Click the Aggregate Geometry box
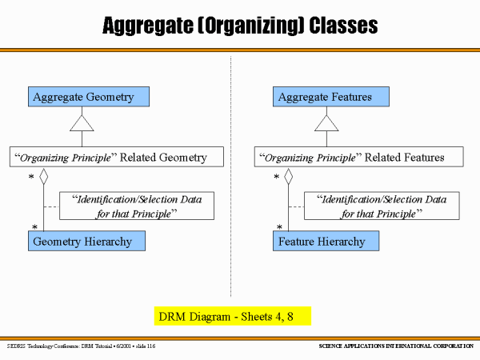pos(89,97)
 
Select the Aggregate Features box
pos(331,97)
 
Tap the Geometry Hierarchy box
pos(86,242)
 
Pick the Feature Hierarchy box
pos(326,242)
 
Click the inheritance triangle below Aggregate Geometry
pos(82,123)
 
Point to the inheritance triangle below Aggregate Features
pos(326,123)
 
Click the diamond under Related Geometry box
pos(44,177)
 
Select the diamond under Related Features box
pos(288,177)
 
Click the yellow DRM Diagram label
pos(233,316)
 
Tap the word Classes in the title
pos(343,26)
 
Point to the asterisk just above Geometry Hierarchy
pos(34,227)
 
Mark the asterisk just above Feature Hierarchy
pos(279,227)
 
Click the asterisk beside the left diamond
pos(31,177)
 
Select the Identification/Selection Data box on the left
pos(137,206)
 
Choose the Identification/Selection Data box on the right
pos(382,206)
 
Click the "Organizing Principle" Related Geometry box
pos(117,157)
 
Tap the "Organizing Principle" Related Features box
pos(358,157)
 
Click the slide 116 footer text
pos(146,346)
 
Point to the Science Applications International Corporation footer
pos(396,346)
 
